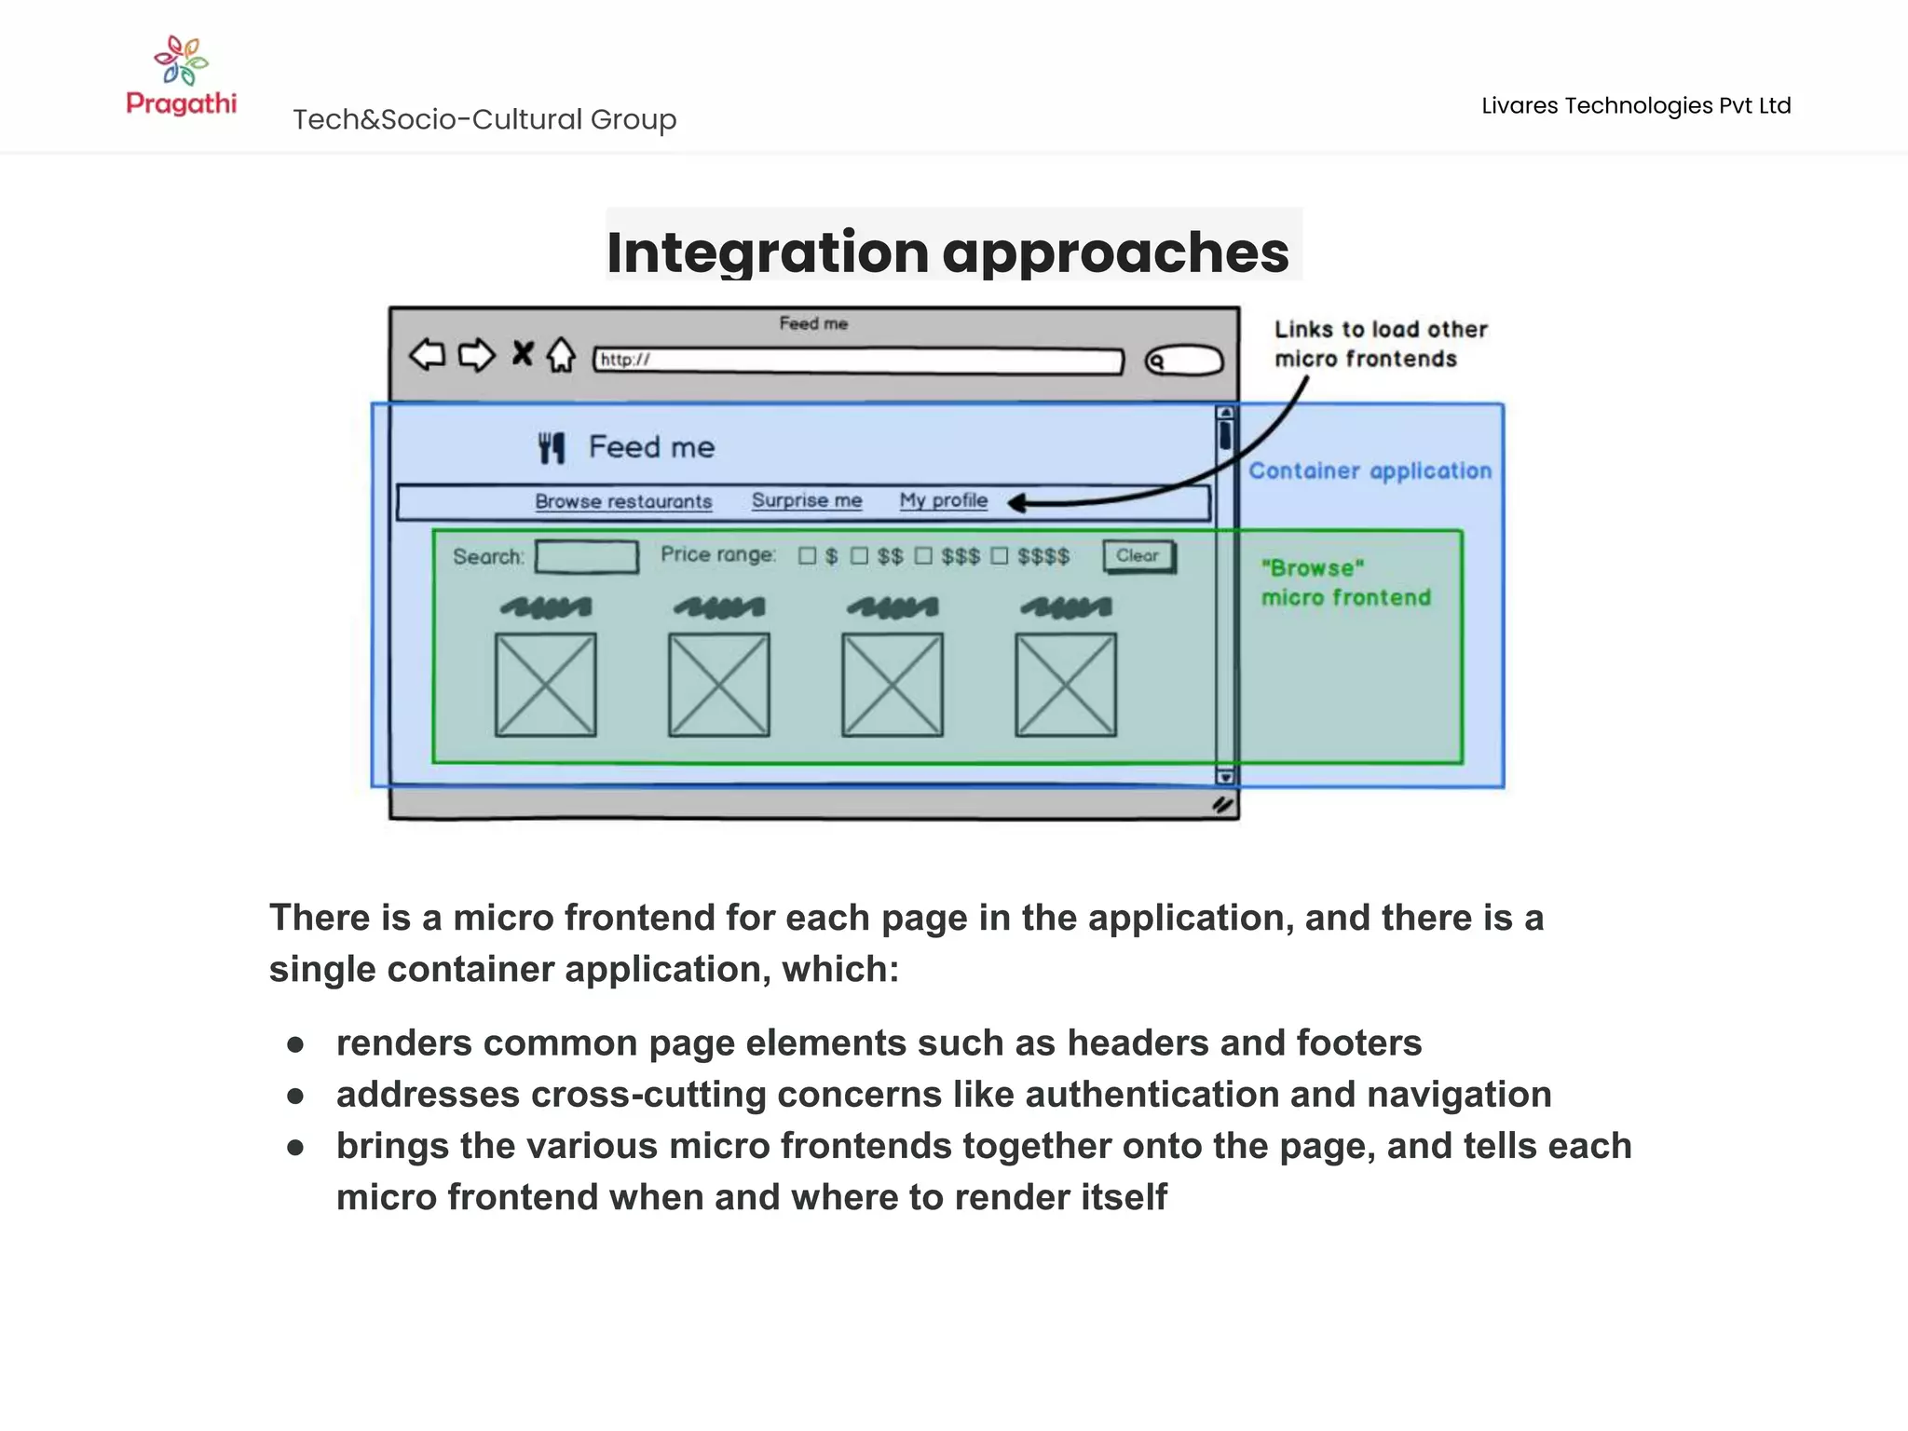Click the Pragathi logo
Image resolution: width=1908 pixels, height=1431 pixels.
[181, 75]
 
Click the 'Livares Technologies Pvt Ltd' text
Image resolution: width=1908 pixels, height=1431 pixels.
[1636, 105]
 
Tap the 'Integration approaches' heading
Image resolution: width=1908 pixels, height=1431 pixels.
[947, 252]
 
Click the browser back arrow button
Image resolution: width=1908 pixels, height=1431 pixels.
[428, 355]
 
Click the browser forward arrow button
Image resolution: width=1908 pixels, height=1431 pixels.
[476, 355]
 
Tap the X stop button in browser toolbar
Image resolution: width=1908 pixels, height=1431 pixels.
[523, 353]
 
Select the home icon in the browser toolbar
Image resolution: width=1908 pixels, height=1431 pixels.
[561, 354]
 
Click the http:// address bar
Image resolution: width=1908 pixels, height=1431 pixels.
[858, 361]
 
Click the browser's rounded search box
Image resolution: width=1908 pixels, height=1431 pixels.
[1184, 361]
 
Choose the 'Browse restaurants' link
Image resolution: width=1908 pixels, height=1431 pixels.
[623, 501]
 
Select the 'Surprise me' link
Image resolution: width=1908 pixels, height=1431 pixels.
[807, 500]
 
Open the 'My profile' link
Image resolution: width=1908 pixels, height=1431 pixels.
[943, 500]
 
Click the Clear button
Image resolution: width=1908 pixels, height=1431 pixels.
[1138, 556]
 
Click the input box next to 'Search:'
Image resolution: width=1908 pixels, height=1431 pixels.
[587, 557]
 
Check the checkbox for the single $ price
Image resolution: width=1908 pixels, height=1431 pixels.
[808, 556]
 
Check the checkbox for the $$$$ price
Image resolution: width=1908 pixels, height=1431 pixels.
[1000, 556]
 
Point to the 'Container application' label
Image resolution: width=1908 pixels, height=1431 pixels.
[1370, 471]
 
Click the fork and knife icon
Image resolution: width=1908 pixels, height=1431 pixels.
[552, 448]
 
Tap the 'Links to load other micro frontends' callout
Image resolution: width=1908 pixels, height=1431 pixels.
[1380, 344]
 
